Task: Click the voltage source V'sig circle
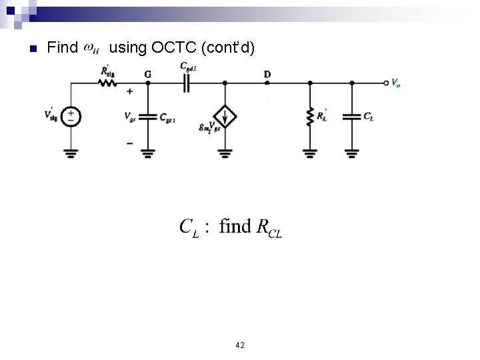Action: (71, 117)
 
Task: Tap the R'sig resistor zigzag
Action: (105, 83)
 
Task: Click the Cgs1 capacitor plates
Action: (147, 116)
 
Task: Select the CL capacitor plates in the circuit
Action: (351, 116)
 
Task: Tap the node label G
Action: (147, 73)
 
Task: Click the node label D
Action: (267, 73)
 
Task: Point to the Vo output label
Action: (397, 83)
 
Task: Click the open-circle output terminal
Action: (386, 83)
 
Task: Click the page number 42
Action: (240, 345)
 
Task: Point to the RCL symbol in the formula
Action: (269, 228)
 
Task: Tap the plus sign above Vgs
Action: (129, 91)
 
